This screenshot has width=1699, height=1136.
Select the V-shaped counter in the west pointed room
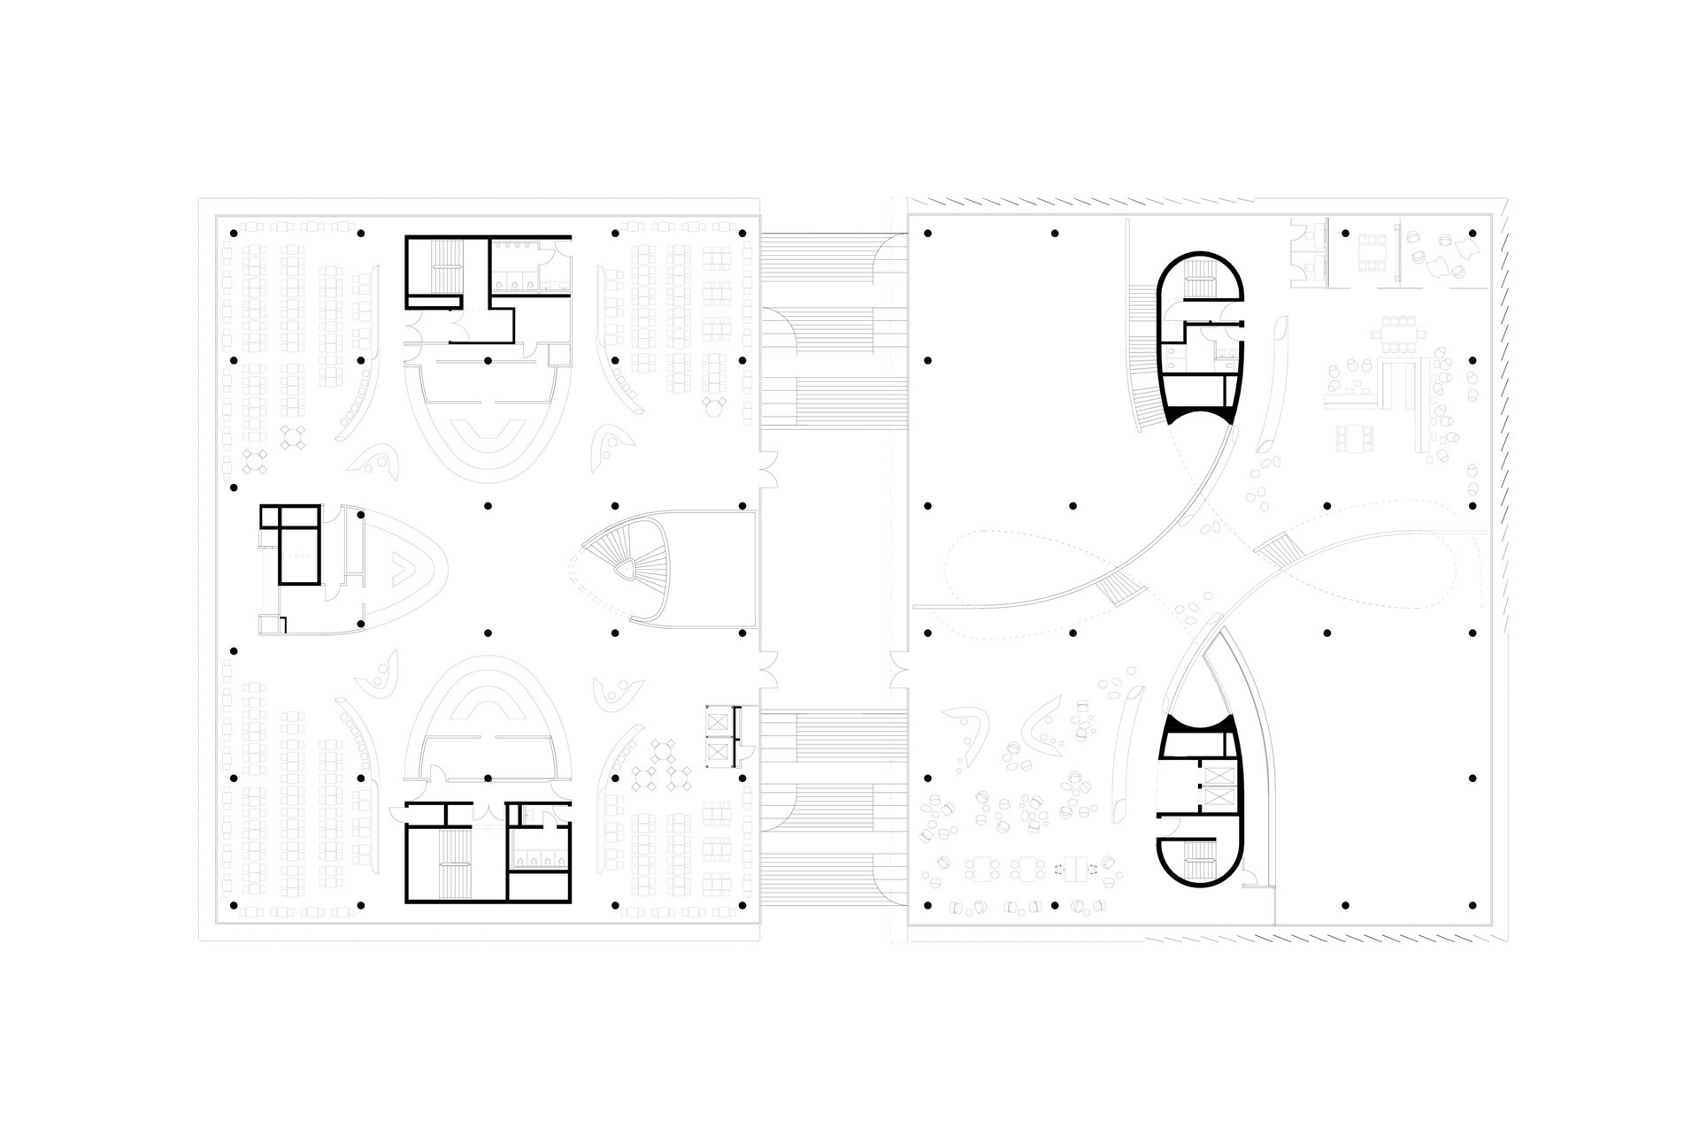coord(402,564)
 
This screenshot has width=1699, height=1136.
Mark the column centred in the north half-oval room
coord(488,361)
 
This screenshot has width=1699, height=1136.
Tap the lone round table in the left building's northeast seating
coord(711,406)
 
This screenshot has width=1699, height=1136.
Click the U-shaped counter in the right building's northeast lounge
coord(1389,380)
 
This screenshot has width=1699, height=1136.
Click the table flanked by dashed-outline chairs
coord(1077,868)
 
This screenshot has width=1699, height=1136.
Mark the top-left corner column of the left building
coord(234,234)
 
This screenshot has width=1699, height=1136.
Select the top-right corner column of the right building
coord(1472,234)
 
